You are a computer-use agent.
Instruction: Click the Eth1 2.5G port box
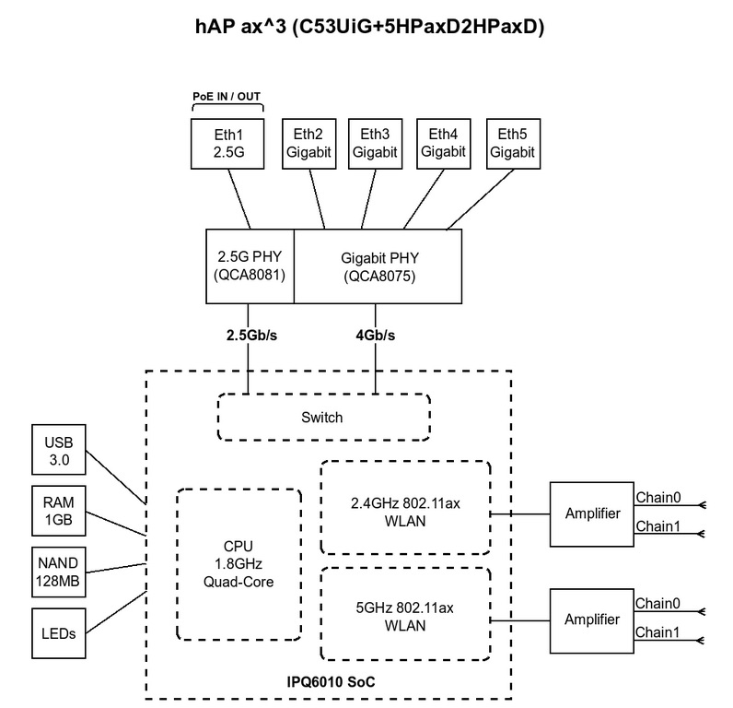[x=225, y=144]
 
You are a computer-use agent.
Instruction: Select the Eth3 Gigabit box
[x=376, y=144]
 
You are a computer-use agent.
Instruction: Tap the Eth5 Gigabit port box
[x=512, y=144]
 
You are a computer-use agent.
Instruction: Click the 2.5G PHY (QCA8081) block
[x=250, y=265]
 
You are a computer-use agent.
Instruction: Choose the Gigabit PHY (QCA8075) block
[x=378, y=265]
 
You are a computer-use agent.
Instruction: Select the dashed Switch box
[x=323, y=418]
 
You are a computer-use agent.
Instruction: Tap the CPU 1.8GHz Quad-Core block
[x=238, y=564]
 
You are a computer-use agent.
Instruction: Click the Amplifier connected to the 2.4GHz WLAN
[x=590, y=513]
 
